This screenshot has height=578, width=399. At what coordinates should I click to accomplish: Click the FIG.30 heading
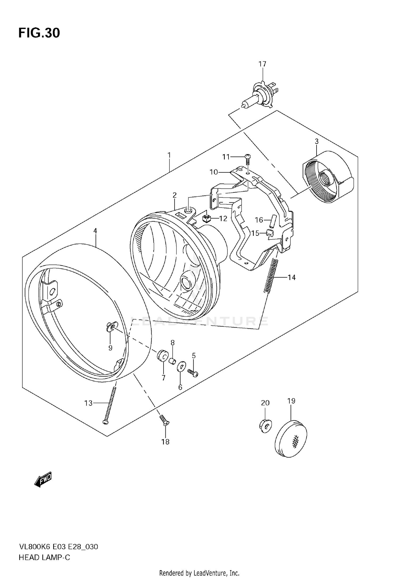[39, 33]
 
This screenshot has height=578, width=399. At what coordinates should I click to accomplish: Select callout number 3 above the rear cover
[317, 142]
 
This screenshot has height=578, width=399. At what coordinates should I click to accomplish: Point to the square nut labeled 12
[206, 219]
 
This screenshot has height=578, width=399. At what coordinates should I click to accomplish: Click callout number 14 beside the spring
[292, 278]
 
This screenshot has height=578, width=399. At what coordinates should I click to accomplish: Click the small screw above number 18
[164, 421]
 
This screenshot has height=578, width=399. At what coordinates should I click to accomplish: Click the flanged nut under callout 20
[265, 426]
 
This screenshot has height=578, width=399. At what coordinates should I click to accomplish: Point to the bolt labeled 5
[193, 373]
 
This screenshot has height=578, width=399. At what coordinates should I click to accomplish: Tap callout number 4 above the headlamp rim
[95, 231]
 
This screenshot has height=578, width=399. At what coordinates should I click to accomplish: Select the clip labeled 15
[270, 233]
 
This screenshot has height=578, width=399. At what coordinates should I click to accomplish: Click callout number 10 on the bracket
[214, 172]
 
